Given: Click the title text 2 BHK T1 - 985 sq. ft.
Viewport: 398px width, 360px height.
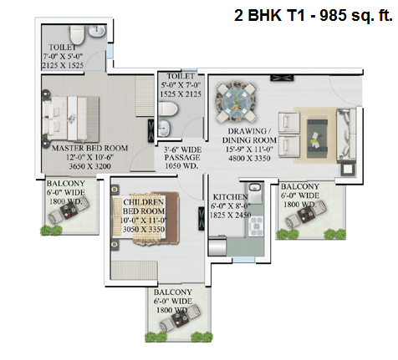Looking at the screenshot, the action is click(x=314, y=15).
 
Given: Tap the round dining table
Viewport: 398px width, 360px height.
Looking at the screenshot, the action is click(x=237, y=102).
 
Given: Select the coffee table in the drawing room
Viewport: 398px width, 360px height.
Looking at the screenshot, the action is click(x=317, y=139).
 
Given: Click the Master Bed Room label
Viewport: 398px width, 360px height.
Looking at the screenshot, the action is click(x=90, y=148).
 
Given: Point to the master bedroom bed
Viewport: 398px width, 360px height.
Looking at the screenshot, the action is click(x=71, y=118).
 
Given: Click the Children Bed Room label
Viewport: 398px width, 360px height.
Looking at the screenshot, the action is click(x=144, y=206).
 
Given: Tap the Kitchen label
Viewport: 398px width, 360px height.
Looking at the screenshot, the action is click(x=231, y=197).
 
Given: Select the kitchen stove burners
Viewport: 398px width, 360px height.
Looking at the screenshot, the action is click(x=256, y=226).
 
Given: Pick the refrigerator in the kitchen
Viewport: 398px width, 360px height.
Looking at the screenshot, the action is click(x=217, y=246).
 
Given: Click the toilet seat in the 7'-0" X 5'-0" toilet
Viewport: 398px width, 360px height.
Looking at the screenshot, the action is click(x=77, y=35).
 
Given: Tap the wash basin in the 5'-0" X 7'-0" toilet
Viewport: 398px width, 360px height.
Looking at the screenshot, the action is click(x=164, y=128).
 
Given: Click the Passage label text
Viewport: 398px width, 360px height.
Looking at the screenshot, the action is click(x=182, y=158).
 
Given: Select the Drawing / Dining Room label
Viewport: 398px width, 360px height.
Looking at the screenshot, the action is click(x=249, y=135).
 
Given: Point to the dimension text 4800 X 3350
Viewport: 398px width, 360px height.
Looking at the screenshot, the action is click(x=249, y=159).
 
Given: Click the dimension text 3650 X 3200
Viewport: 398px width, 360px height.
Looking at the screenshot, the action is click(x=90, y=166).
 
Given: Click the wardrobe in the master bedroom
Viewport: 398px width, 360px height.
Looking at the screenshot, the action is click(x=145, y=96).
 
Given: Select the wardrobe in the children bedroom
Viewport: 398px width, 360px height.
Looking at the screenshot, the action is click(x=135, y=270).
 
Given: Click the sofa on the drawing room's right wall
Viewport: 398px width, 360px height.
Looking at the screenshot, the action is click(x=346, y=135).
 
